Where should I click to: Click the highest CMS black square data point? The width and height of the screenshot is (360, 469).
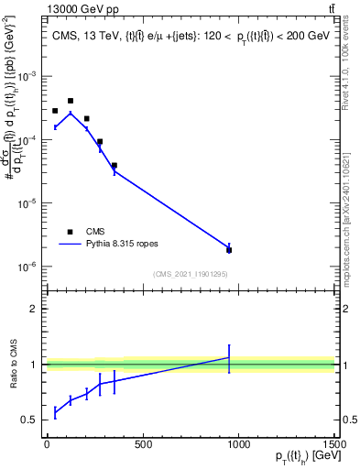[x=71, y=101]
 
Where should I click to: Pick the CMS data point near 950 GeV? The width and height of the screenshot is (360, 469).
[x=229, y=250]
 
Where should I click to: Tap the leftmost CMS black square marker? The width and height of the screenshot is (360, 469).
[x=55, y=111]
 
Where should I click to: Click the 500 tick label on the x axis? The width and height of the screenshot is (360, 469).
[x=142, y=445]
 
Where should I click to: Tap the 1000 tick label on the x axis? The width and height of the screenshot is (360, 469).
[x=238, y=445]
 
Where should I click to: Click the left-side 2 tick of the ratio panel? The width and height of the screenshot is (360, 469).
[x=36, y=309]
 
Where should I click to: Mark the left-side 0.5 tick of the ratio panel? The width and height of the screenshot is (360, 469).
[x=33, y=420]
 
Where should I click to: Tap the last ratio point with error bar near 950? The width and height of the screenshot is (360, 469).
[x=229, y=357]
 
